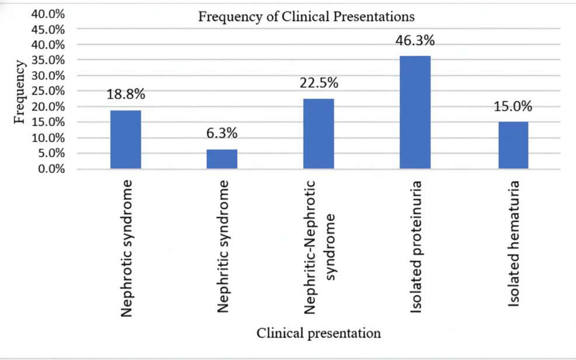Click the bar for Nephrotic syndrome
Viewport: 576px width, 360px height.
(125, 140)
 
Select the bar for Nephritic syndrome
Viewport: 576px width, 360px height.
(222, 159)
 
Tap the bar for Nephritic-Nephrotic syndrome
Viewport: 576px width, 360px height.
(318, 134)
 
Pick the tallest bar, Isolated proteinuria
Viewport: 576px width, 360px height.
(415, 112)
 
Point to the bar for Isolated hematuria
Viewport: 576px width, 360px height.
(512, 146)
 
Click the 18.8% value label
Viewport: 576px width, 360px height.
(126, 95)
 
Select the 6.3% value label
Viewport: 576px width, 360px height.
(222, 133)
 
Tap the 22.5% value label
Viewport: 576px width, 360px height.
(319, 83)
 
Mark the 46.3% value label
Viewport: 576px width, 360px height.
(415, 41)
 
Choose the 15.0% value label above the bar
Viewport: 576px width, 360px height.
(512, 106)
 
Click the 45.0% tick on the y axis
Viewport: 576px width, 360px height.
(51, 29)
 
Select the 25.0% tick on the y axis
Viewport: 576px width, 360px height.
(51, 91)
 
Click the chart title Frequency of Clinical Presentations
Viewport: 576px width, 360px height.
(307, 16)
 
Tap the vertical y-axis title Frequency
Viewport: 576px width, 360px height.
(19, 92)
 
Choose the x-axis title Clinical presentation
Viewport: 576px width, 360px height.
(319, 333)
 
